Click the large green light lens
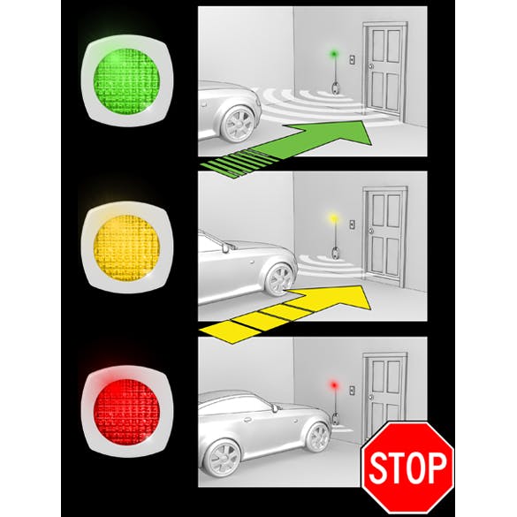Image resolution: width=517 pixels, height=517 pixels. [x=126, y=81]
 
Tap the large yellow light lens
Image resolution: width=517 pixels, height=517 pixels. [x=126, y=248]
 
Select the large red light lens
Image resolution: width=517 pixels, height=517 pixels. [x=126, y=412]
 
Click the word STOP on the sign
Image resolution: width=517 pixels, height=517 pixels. [x=407, y=467]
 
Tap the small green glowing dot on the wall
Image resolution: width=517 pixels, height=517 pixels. [x=333, y=53]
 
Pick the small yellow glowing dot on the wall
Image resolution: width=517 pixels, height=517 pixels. [x=333, y=217]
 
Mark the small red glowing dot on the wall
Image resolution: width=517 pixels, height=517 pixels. [x=334, y=384]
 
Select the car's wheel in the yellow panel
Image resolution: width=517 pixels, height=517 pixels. [x=279, y=279]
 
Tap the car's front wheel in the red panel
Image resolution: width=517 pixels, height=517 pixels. [x=318, y=437]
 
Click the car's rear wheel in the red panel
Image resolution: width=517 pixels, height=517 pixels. [x=223, y=458]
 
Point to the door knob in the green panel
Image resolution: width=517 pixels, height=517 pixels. [x=372, y=66]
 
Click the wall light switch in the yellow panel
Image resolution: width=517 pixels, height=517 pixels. [x=352, y=224]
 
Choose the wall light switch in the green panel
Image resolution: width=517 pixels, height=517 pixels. [x=352, y=60]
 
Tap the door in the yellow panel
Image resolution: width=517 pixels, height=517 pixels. [x=384, y=236]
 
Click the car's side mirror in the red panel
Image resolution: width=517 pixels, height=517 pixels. [x=274, y=408]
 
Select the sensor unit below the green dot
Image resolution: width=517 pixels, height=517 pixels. [x=335, y=87]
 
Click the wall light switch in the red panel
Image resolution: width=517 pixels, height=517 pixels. [x=352, y=391]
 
